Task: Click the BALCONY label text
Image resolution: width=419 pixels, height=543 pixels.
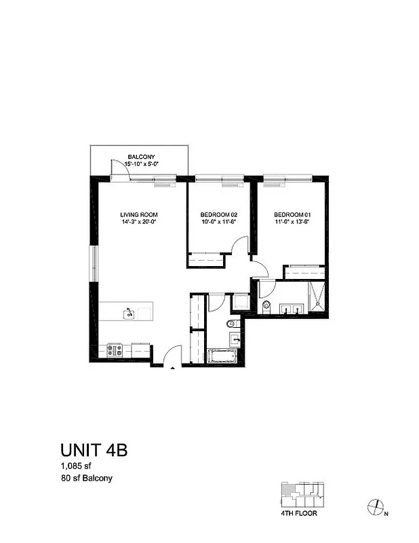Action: [142, 157]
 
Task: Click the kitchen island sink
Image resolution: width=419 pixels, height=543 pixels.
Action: [127, 313]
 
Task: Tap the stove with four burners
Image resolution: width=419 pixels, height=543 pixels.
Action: [115, 351]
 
